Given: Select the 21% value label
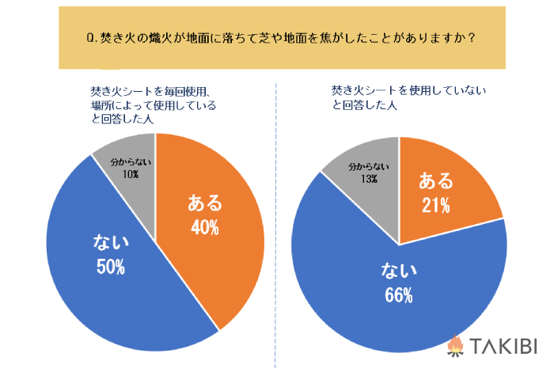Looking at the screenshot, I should point(435,206).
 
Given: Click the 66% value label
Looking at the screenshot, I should point(399,296).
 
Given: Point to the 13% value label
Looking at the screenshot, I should point(369,178).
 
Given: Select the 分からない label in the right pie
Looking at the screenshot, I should point(369,166).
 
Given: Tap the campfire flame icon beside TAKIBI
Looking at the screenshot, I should point(455,346).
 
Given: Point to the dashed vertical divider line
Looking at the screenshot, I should point(275,237).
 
